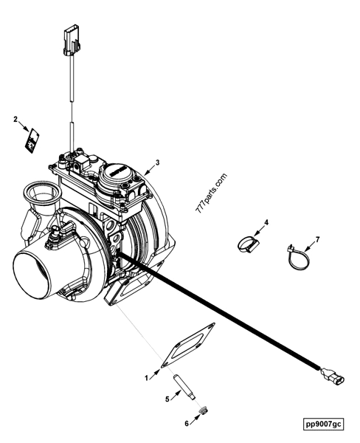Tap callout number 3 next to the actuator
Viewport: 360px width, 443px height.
point(157,162)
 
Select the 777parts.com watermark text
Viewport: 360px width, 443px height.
point(212,193)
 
